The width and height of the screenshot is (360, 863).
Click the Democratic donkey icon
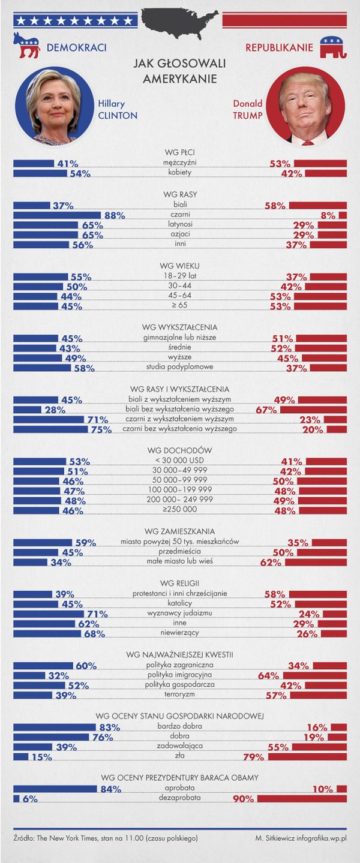tap(26, 46)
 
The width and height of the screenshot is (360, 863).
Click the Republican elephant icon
tap(334, 47)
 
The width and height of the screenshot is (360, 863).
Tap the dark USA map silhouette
tap(179, 23)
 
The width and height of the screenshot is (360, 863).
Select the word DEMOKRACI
tap(76, 47)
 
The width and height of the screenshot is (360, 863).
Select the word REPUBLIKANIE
tap(279, 47)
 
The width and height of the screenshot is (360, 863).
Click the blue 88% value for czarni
tap(114, 215)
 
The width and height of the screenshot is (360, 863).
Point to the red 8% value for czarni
tap(328, 215)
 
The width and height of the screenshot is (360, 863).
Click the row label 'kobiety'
tap(180, 173)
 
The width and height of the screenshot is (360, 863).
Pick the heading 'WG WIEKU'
tap(180, 266)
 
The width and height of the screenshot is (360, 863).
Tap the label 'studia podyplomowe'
tap(180, 368)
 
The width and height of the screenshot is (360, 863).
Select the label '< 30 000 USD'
tap(180, 461)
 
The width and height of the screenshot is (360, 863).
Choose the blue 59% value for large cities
tap(86, 543)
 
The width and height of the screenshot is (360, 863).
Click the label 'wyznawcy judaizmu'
tap(180, 614)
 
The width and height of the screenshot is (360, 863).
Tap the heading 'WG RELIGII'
tap(180, 582)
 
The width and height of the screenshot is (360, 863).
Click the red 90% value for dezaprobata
tap(243, 799)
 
